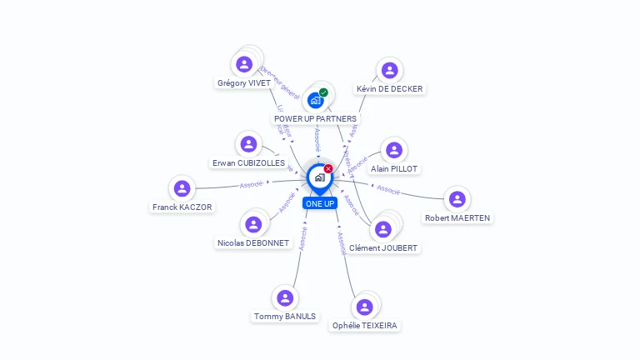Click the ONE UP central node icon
click(318, 177)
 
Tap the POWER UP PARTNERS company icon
click(315, 100)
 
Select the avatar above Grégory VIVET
click(244, 64)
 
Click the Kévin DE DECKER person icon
click(389, 70)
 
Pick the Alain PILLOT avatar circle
click(394, 150)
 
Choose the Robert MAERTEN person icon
click(457, 199)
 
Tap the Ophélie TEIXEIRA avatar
click(364, 307)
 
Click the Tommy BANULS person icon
click(285, 297)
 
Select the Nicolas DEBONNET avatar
click(253, 224)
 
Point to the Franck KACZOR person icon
click(182, 188)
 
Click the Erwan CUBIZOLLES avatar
click(248, 144)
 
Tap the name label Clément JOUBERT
click(383, 247)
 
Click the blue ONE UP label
click(319, 203)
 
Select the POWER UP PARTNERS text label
click(315, 119)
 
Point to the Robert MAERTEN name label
click(457, 218)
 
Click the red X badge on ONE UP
click(328, 168)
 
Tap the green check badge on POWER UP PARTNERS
click(323, 92)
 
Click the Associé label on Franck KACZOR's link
click(251, 184)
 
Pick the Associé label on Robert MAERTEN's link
click(388, 189)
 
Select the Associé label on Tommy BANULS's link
click(303, 237)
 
